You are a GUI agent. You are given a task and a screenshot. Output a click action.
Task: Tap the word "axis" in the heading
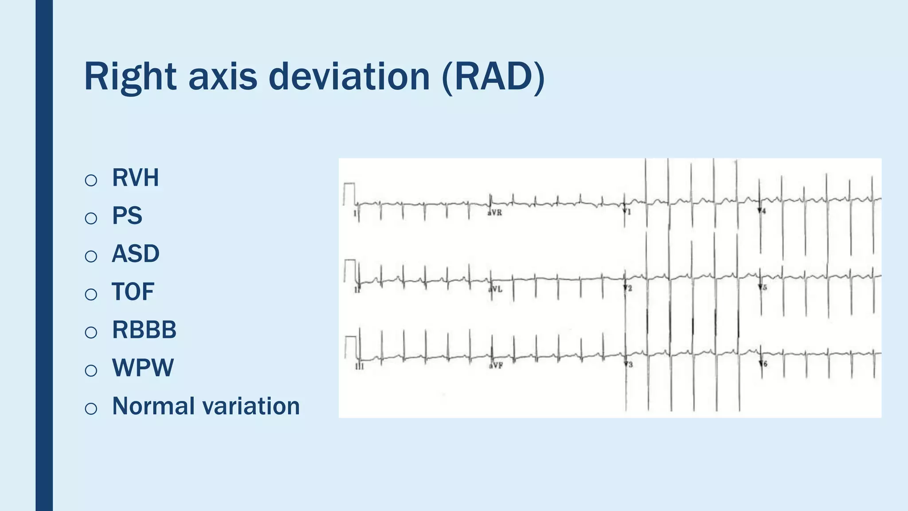(x=223, y=77)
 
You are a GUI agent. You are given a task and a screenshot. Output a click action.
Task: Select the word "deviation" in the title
(x=349, y=77)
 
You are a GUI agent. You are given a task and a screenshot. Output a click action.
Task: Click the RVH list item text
(x=135, y=178)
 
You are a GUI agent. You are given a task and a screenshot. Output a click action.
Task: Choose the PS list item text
(x=127, y=216)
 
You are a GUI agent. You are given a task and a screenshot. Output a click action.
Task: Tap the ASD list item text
(x=135, y=254)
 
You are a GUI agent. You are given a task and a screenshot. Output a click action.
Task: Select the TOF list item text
(x=133, y=292)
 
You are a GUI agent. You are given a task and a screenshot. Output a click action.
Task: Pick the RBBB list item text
(x=144, y=330)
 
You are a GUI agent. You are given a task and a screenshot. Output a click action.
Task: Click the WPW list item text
(x=143, y=368)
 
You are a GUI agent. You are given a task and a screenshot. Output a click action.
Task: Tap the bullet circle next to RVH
(x=91, y=180)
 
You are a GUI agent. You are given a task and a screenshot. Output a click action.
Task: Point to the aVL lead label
(x=495, y=290)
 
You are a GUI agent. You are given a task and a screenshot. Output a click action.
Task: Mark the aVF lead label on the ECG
(x=496, y=366)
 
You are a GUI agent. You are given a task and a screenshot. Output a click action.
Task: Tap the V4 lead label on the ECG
(x=762, y=211)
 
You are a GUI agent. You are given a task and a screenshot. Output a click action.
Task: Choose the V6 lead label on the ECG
(x=763, y=364)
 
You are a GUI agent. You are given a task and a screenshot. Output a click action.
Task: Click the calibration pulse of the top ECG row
(x=349, y=193)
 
